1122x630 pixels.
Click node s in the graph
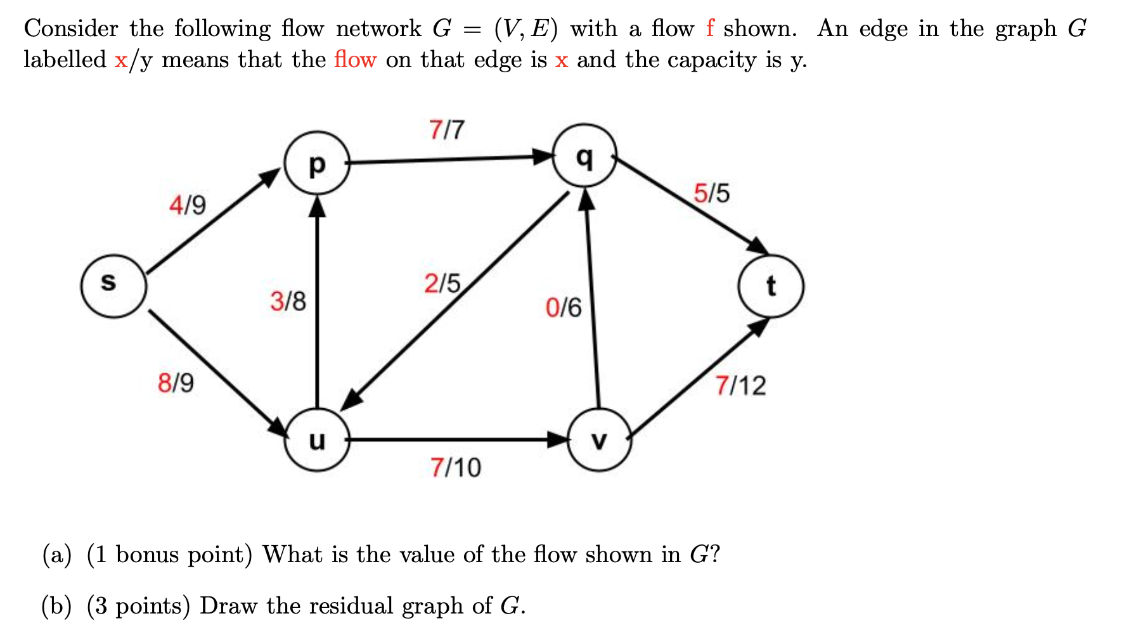[113, 286]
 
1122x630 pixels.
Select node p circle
[317, 163]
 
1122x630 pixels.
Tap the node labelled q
[585, 155]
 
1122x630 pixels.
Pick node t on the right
[771, 286]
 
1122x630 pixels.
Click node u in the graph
[317, 439]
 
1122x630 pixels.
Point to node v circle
[599, 439]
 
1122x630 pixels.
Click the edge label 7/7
[447, 130]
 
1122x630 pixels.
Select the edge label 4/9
[188, 205]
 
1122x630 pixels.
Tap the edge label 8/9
[176, 383]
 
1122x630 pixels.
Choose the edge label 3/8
[288, 301]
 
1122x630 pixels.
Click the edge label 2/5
[442, 283]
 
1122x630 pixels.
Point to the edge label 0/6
[564, 308]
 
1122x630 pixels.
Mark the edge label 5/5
[711, 193]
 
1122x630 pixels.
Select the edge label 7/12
[740, 385]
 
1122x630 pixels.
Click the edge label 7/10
[456, 468]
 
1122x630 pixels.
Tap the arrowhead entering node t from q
[758, 247]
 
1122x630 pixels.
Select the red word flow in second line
[355, 60]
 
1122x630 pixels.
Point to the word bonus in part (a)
[147, 555]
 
